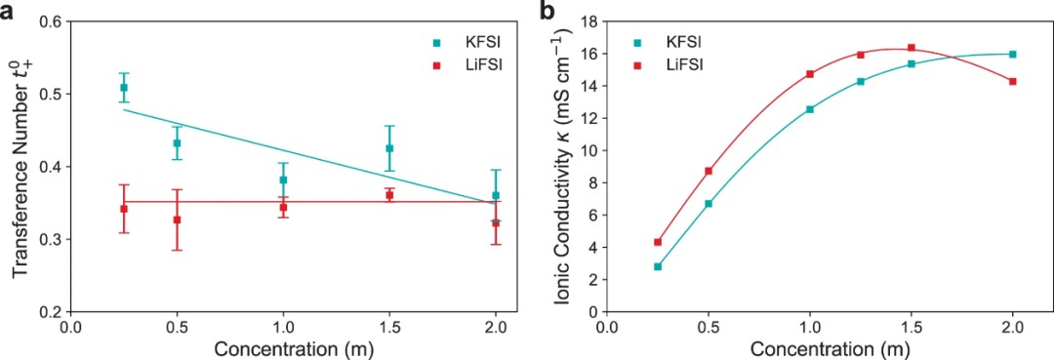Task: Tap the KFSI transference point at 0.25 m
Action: tap(124, 87)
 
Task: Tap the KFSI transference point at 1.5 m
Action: tap(389, 147)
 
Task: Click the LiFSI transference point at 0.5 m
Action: tap(177, 220)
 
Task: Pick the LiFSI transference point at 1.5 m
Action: tap(389, 195)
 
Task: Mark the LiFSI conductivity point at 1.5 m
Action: tap(912, 48)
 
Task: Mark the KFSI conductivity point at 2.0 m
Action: tap(1012, 55)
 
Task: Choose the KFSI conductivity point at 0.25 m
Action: tap(658, 266)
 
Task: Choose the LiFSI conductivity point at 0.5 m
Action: tap(709, 172)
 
